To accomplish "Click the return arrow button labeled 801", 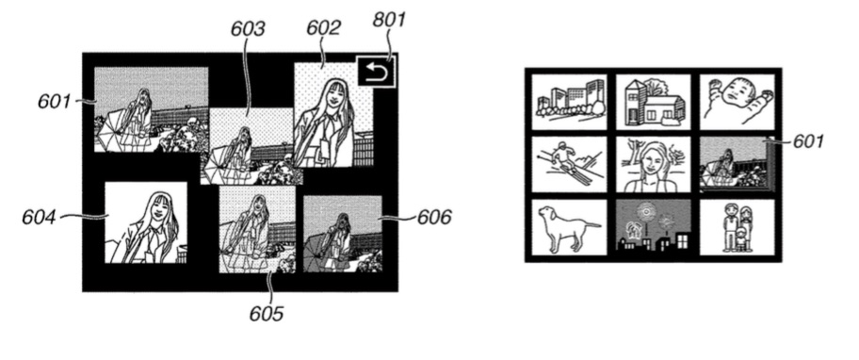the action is tap(376, 72).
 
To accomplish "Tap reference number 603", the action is tap(247, 28).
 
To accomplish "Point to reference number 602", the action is tap(323, 27).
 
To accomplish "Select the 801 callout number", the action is tap(390, 19).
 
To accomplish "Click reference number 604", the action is tap(39, 217).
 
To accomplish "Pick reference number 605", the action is tap(267, 314).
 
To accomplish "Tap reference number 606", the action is tap(434, 217).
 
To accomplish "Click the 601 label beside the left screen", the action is tap(55, 102).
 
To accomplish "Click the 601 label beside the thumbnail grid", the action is tap(808, 142).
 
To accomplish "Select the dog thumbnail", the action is tap(569, 227).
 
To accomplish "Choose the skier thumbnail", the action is tap(569, 164).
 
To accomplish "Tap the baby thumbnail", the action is tap(737, 102).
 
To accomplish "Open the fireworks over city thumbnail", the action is tap(653, 227).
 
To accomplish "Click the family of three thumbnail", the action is tap(737, 227).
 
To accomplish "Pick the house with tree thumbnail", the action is tap(653, 102).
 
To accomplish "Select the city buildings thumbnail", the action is tap(569, 102).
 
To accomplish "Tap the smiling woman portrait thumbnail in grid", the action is tap(653, 164).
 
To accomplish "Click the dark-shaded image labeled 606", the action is tap(343, 234).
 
